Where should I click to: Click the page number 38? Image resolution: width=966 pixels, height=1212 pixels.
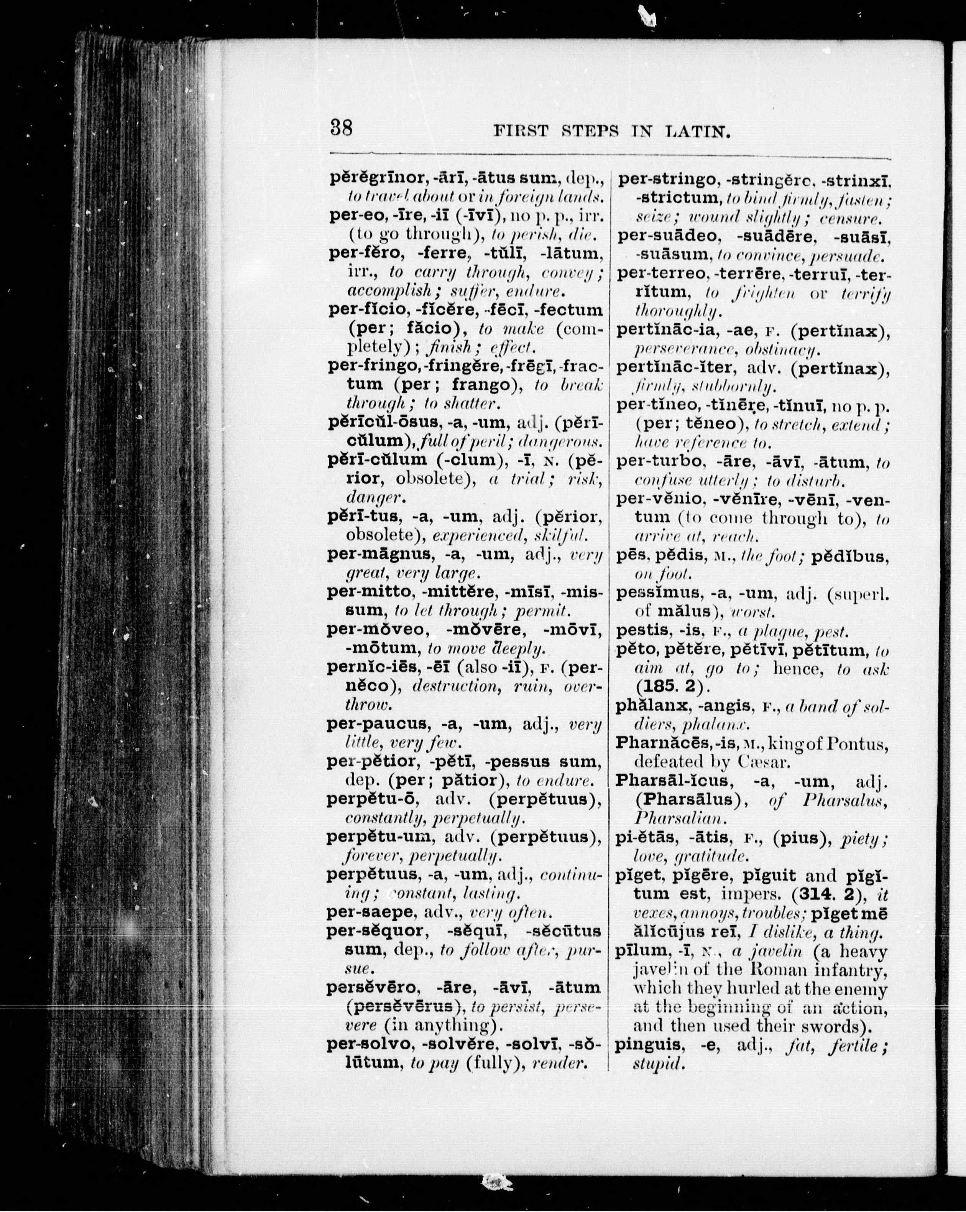(x=341, y=129)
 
